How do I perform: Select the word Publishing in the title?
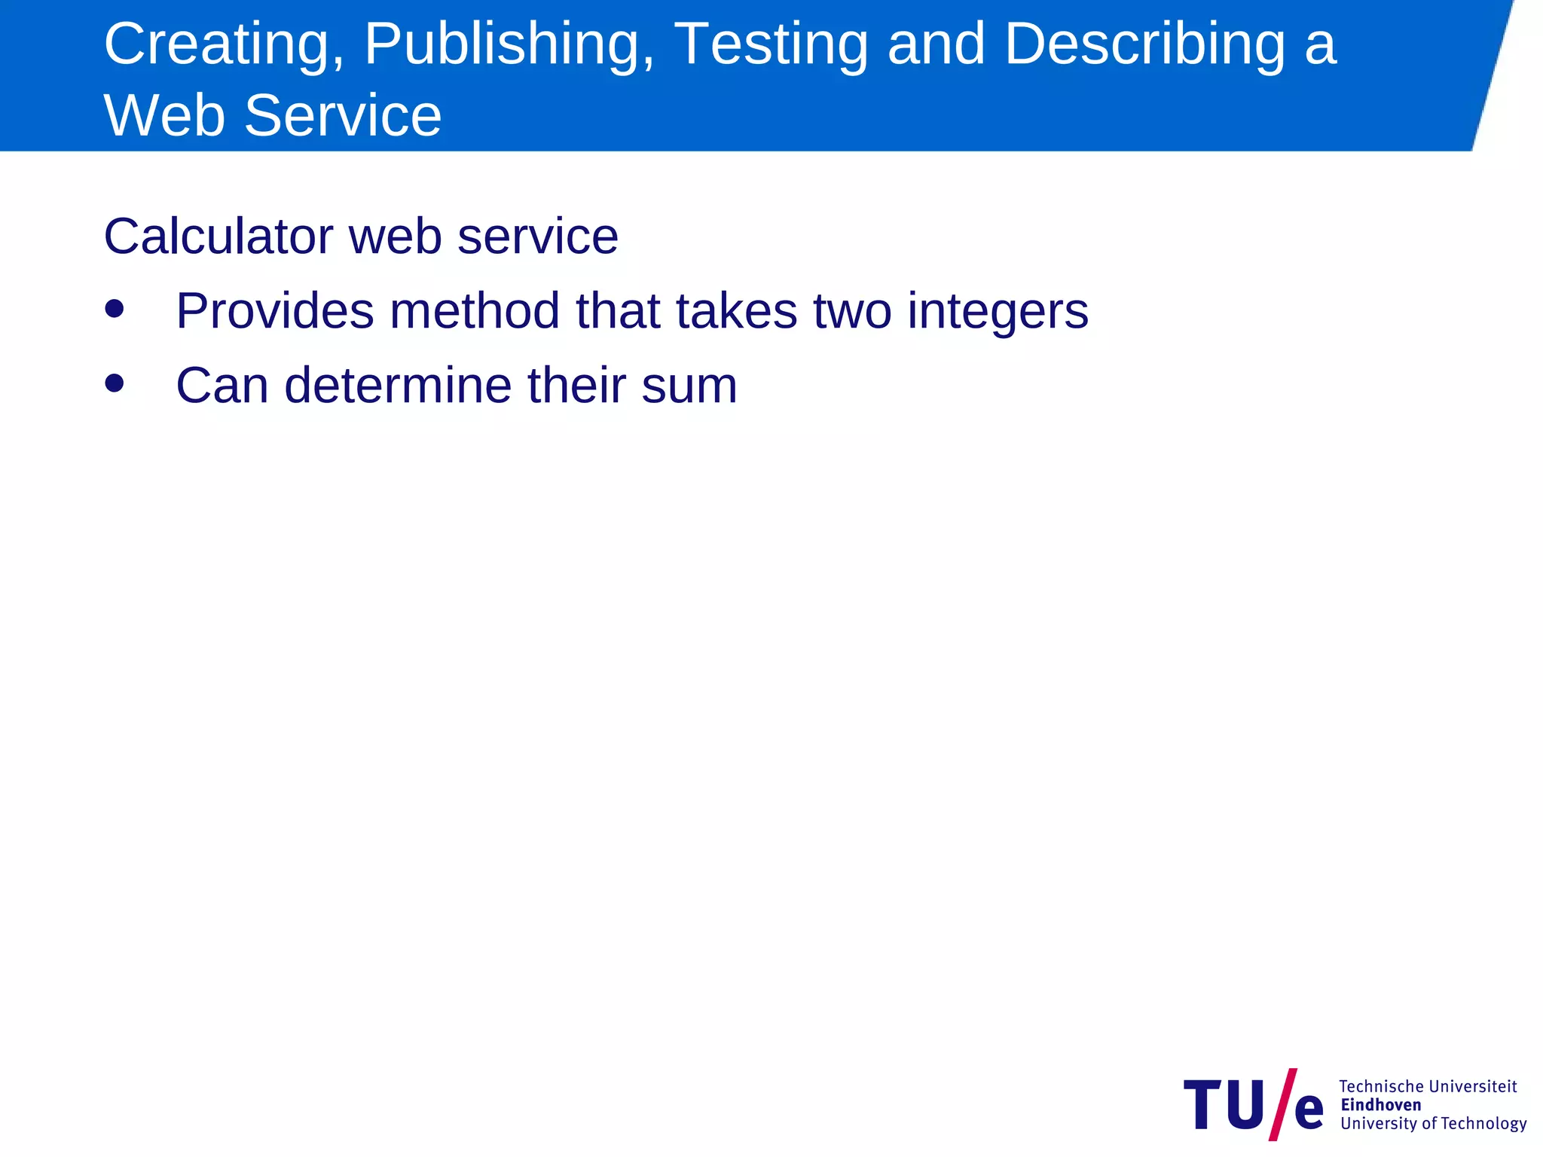[x=509, y=45]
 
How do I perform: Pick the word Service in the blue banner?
[x=343, y=116]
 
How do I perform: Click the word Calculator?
[x=218, y=237]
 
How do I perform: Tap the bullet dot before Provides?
[x=115, y=309]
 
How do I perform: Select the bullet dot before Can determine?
[x=115, y=383]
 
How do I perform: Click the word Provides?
[x=274, y=311]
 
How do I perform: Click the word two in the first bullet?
[x=852, y=311]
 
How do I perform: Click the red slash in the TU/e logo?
[x=1282, y=1104]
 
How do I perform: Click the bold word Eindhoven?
[x=1381, y=1105]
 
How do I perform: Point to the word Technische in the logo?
[x=1381, y=1086]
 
